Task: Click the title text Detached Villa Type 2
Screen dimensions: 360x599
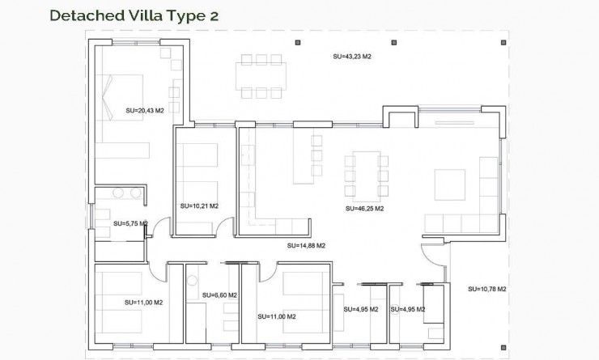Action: [x=134, y=15]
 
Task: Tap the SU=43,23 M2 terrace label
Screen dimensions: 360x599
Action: [x=352, y=57]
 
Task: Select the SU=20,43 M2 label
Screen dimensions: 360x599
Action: [x=145, y=110]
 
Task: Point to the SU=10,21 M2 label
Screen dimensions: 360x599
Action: [x=199, y=205]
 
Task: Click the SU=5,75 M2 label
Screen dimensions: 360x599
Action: [x=130, y=223]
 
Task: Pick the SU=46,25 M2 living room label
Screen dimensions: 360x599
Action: [x=363, y=209]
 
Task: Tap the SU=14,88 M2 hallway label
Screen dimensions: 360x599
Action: [x=306, y=245]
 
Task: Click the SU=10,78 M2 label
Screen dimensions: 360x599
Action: [x=487, y=289]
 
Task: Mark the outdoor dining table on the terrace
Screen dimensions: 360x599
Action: [x=262, y=77]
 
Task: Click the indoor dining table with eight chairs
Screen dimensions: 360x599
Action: [x=363, y=172]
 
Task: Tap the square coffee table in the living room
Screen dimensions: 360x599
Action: [x=449, y=184]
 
